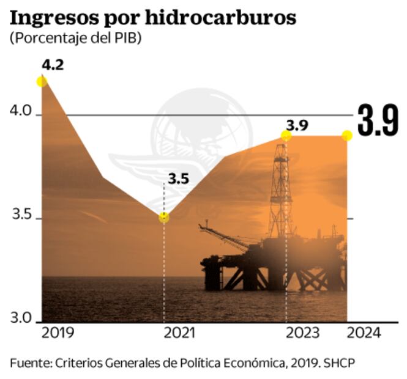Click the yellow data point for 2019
click(42, 81)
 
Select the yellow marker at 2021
click(163, 218)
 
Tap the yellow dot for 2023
click(286, 135)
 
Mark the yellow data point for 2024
click(346, 135)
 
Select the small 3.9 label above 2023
click(297, 125)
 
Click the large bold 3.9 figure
click(378, 121)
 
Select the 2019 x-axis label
click(58, 333)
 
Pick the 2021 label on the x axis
click(179, 333)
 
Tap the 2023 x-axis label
click(301, 333)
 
